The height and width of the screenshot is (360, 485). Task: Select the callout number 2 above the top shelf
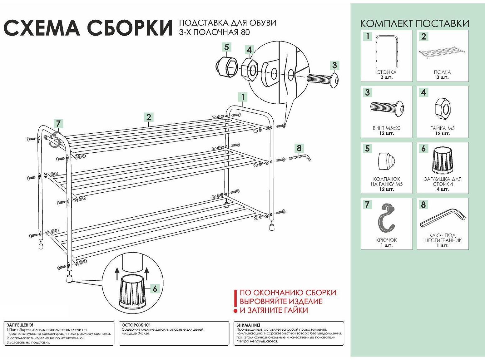[x=149, y=117]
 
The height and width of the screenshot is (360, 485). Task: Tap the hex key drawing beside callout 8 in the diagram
[x=300, y=157]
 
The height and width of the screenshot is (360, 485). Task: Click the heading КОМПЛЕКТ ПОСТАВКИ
[x=414, y=23]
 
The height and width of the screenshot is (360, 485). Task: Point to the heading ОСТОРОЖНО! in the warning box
[x=136, y=325]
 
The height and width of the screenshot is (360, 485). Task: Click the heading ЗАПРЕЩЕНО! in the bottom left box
[x=20, y=325]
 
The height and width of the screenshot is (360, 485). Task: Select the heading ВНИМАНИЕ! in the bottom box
[x=248, y=325]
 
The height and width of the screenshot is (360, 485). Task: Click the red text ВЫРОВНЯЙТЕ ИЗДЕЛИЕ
[x=281, y=302]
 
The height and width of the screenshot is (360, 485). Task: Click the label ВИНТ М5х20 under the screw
[x=386, y=128]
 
